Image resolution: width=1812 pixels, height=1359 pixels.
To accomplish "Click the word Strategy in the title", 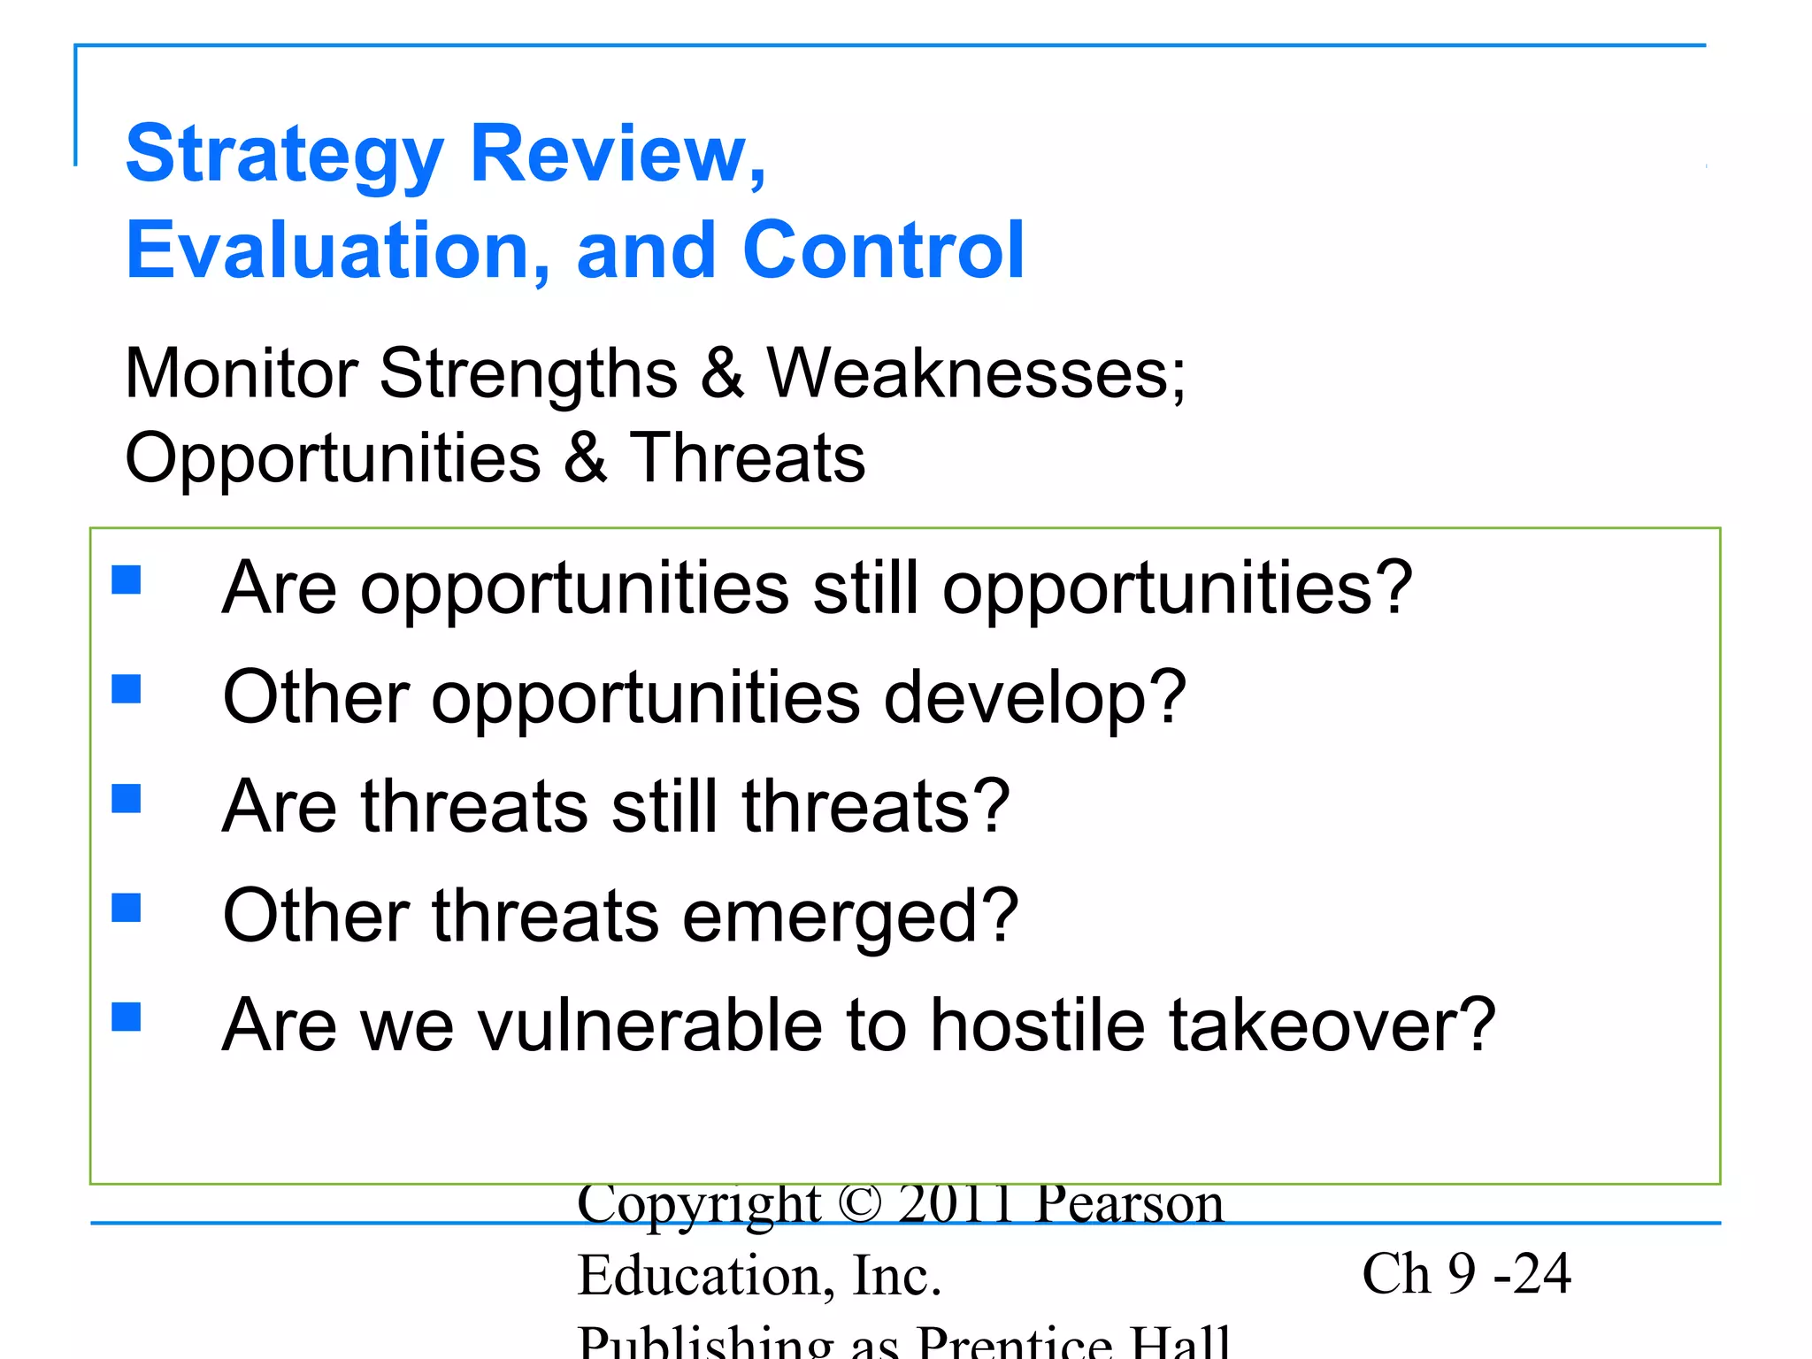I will point(283,156).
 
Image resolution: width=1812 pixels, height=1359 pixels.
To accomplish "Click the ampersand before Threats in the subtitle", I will point(585,457).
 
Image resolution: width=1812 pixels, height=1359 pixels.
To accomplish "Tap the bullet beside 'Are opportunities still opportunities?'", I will point(127,580).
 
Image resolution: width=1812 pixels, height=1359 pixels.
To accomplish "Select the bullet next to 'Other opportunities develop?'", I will point(127,689).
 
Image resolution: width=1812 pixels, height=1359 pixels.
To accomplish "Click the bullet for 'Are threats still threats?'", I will point(127,799).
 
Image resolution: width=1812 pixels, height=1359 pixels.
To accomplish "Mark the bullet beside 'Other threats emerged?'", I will point(127,908).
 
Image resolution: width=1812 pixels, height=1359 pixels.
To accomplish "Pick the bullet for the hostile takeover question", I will point(127,1017).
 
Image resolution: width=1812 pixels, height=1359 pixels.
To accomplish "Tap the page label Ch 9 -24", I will point(1466,1274).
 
